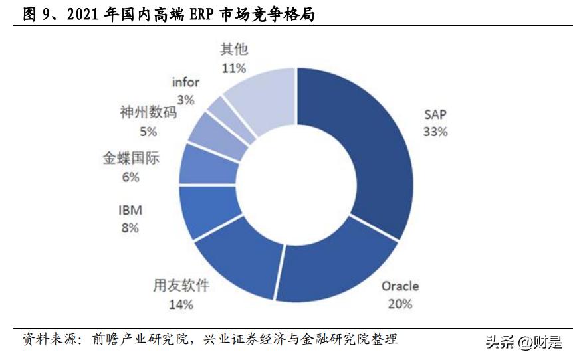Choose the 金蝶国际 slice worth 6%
(206, 163)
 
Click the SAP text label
(435, 114)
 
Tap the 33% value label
(435, 132)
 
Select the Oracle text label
(400, 286)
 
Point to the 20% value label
(400, 304)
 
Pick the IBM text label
(130, 211)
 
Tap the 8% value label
(130, 228)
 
